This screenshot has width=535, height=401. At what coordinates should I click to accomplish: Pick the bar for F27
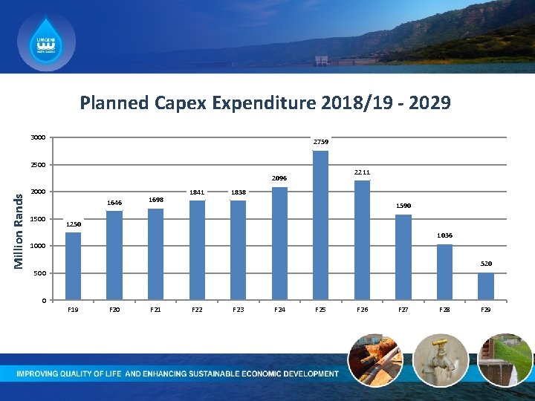click(403, 257)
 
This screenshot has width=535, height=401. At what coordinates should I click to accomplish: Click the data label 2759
click(321, 142)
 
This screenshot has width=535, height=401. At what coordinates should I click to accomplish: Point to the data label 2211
click(362, 172)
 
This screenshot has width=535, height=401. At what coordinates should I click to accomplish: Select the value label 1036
click(444, 235)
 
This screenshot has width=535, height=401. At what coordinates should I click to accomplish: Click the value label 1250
click(74, 224)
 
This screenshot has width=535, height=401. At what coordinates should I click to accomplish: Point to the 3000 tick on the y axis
click(38, 137)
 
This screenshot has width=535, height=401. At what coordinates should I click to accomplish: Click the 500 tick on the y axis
click(40, 273)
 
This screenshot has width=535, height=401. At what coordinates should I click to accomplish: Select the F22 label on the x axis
click(197, 309)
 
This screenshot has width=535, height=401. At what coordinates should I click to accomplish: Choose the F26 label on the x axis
click(362, 309)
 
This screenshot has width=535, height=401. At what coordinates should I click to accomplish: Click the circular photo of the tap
click(440, 359)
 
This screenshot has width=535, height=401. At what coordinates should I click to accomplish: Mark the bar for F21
click(155, 254)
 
